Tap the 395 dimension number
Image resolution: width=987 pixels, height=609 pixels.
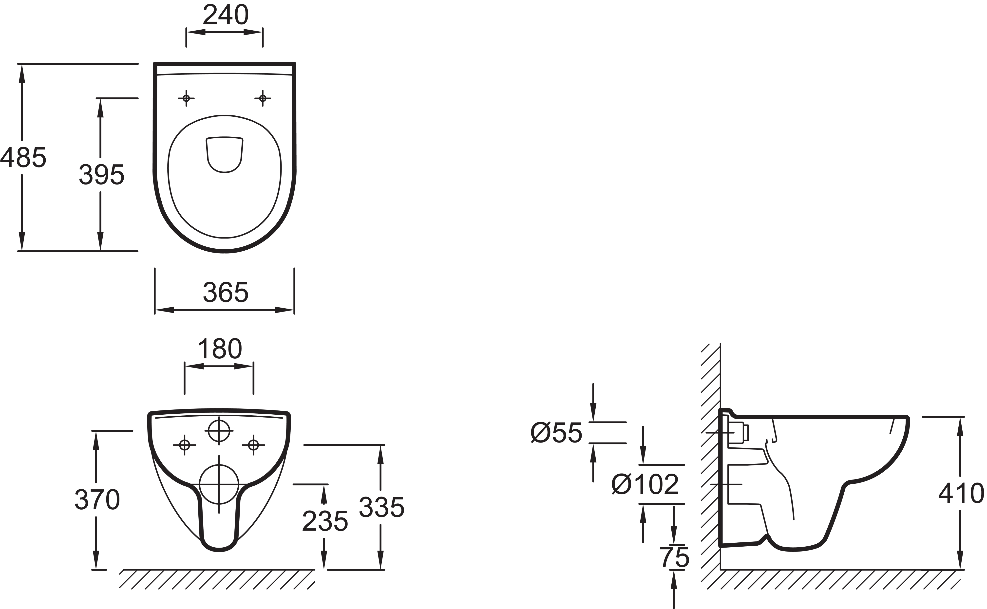point(101,175)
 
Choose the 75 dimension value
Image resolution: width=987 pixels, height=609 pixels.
point(675,557)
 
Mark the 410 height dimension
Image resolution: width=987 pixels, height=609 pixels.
point(962,493)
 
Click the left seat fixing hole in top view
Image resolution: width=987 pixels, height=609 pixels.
point(186,98)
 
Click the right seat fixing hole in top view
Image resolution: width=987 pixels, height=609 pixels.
point(263,98)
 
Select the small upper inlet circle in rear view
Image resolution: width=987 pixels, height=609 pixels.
point(219,431)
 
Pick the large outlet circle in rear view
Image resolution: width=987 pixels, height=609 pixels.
point(219,484)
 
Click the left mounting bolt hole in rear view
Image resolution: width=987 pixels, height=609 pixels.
point(185,445)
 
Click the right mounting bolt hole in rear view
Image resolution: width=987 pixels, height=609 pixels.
point(253,445)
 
